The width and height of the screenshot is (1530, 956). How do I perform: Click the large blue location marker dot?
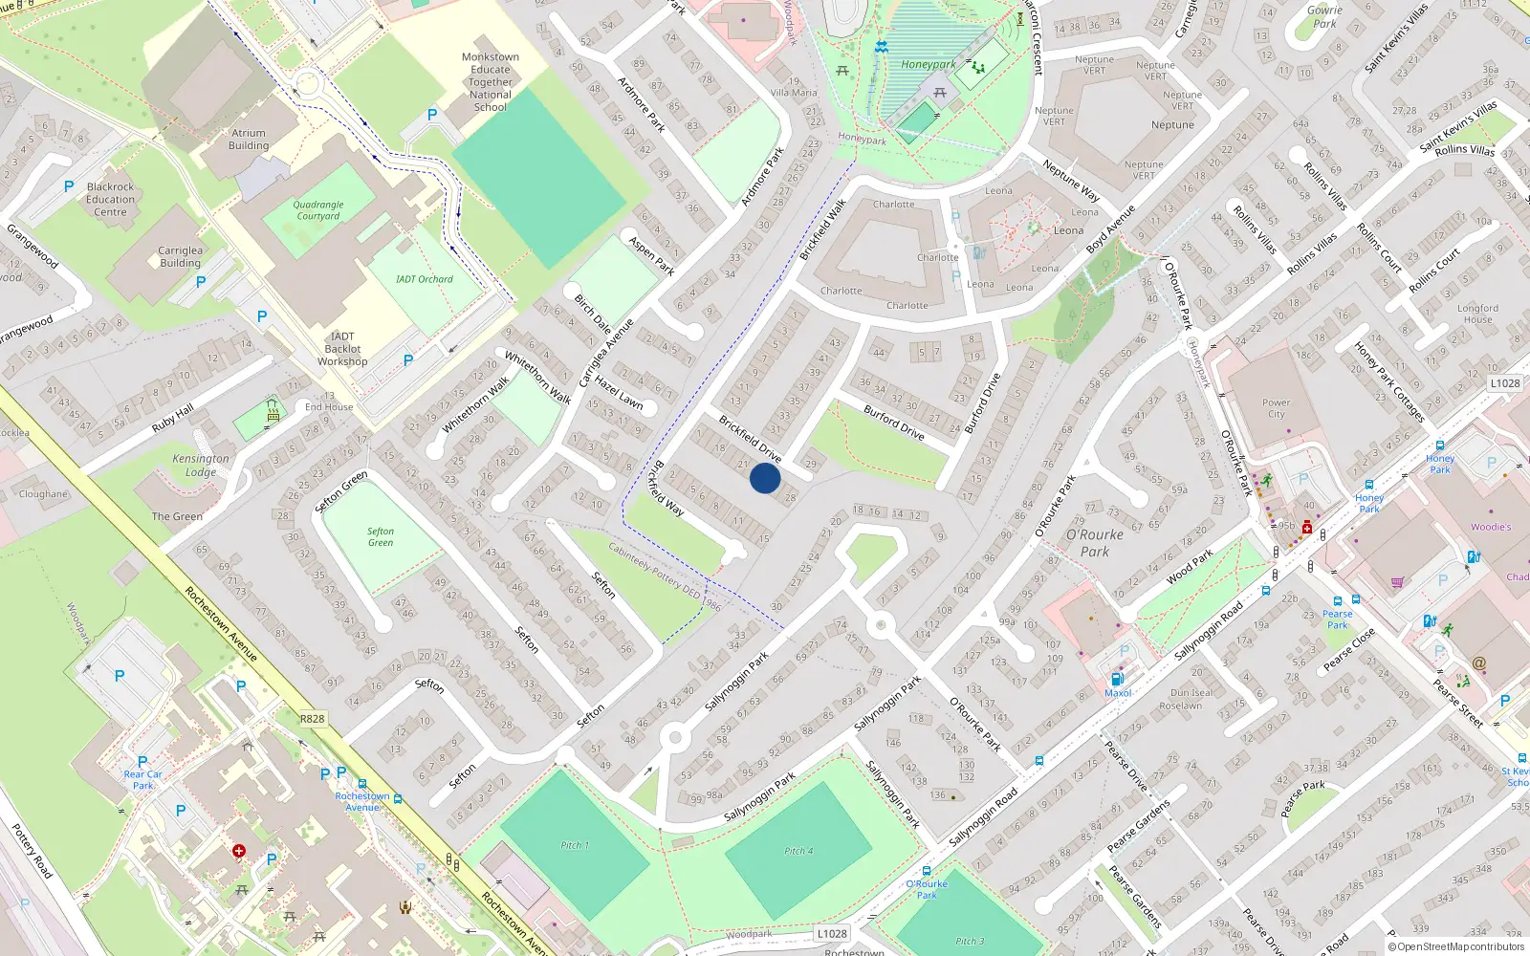click(765, 478)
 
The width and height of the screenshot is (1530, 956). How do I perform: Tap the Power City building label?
click(1276, 408)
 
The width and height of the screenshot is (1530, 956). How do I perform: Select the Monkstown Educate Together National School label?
click(491, 82)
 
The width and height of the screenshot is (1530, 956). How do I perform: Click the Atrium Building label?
click(249, 140)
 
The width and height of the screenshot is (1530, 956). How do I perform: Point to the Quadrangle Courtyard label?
click(317, 210)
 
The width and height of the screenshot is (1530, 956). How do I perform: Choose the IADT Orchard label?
click(424, 279)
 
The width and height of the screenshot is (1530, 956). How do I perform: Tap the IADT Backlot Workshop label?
click(342, 349)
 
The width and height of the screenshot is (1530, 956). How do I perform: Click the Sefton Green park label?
click(381, 537)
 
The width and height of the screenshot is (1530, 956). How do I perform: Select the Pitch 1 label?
click(575, 845)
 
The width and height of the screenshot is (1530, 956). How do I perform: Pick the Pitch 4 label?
click(798, 851)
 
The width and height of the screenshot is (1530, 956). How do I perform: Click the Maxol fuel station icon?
click(1116, 679)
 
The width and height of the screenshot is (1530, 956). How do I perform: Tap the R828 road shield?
click(312, 719)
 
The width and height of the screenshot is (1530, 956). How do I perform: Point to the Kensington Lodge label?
click(201, 465)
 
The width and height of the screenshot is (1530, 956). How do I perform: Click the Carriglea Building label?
click(180, 256)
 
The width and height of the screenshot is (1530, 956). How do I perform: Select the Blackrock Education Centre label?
click(110, 200)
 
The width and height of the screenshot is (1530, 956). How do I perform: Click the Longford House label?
click(1477, 314)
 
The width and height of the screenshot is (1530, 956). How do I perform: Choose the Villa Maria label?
click(794, 93)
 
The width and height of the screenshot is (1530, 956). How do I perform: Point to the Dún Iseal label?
click(1191, 693)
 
